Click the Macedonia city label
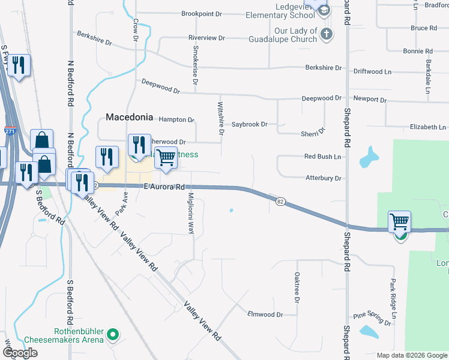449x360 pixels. click(129, 117)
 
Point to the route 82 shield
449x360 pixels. click(280, 202)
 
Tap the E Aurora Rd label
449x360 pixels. click(164, 187)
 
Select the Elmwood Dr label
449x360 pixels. click(265, 314)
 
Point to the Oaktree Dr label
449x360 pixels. click(297, 287)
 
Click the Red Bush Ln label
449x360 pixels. click(322, 157)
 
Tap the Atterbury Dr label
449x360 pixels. click(323, 178)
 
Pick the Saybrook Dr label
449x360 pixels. click(250, 124)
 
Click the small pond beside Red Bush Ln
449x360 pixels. click(367, 157)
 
